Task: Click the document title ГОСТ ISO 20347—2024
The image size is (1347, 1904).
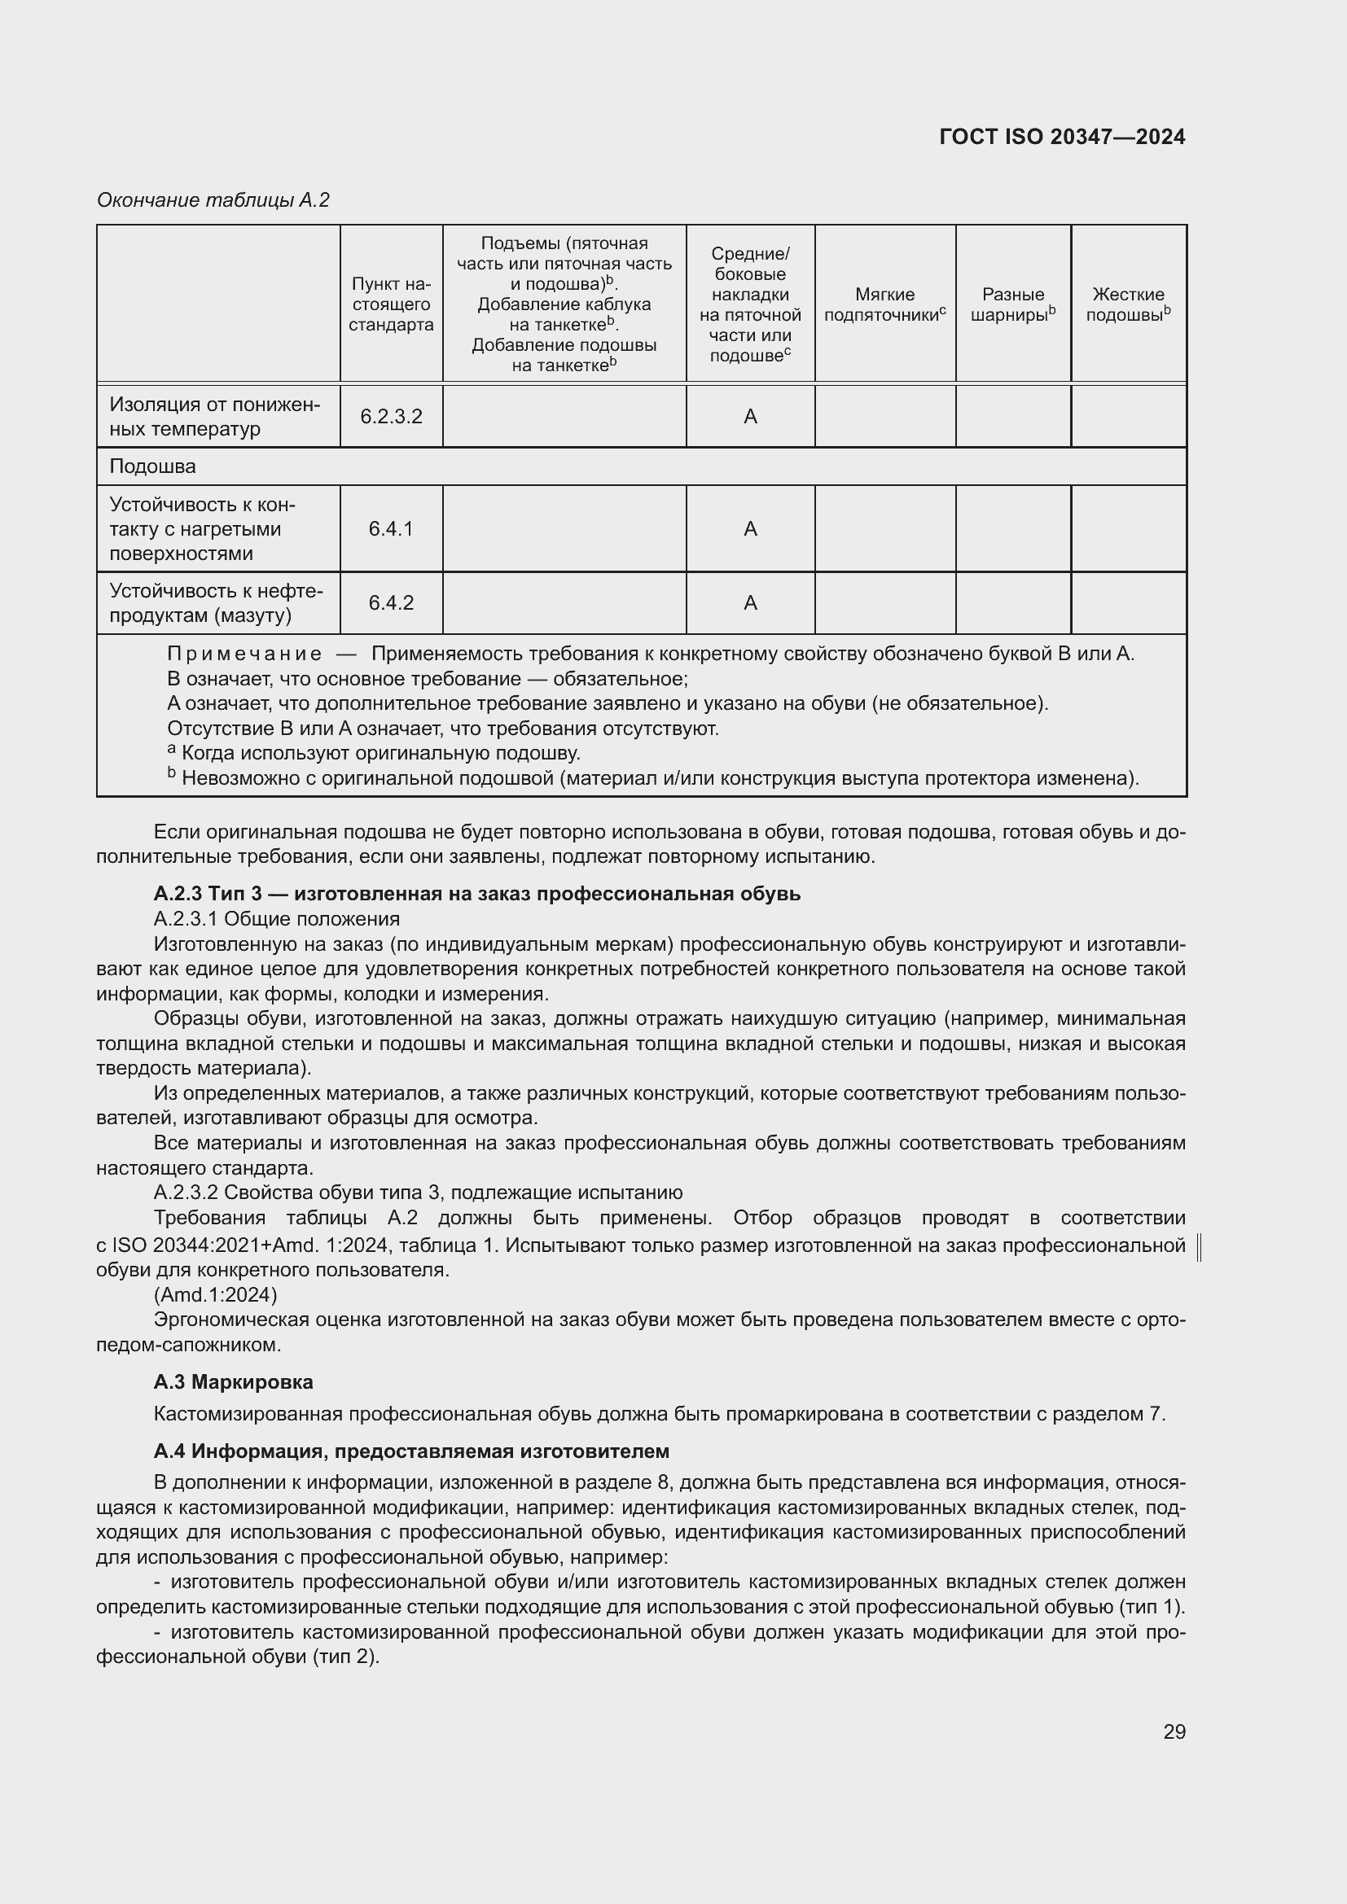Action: pos(1062,137)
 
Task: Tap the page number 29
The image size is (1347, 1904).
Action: pos(1174,1731)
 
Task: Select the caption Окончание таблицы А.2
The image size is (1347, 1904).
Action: pos(213,200)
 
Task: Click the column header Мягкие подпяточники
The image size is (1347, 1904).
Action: pos(884,304)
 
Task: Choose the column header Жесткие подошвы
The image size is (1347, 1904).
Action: pos(1128,304)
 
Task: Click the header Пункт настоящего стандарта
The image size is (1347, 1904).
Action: pos(391,304)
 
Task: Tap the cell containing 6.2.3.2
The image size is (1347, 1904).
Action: pos(391,416)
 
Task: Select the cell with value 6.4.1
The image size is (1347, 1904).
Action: pos(391,529)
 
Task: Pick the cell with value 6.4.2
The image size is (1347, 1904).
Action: pos(391,603)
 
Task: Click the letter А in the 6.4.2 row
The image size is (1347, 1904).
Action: pos(750,603)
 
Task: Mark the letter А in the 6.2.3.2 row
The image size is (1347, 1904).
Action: pos(750,416)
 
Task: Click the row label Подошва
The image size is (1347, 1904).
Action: pos(152,466)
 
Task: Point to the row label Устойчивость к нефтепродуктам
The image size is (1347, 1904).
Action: pos(216,603)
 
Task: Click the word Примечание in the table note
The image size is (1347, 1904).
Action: pos(244,654)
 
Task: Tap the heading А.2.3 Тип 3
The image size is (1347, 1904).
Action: pos(477,893)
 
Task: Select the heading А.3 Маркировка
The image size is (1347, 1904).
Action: pos(233,1381)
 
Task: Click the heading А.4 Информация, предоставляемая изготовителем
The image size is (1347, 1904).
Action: pos(410,1451)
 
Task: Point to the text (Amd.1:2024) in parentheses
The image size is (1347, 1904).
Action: pos(216,1294)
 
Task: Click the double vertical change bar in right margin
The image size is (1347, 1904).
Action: pos(1200,1247)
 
